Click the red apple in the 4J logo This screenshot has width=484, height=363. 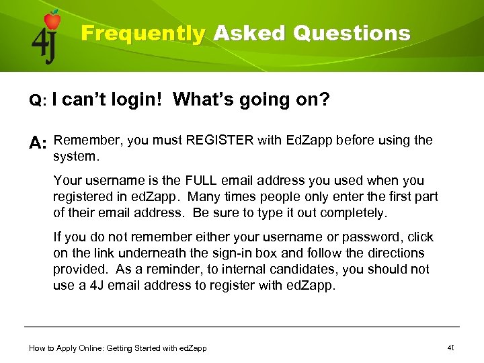point(52,20)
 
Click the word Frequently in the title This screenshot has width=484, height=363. point(143,34)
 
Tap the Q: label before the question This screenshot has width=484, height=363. point(36,101)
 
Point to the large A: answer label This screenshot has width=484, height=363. point(38,143)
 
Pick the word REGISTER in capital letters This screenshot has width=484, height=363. point(220,140)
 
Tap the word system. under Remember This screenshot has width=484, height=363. point(76,157)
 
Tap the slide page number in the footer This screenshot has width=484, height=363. point(451,348)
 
